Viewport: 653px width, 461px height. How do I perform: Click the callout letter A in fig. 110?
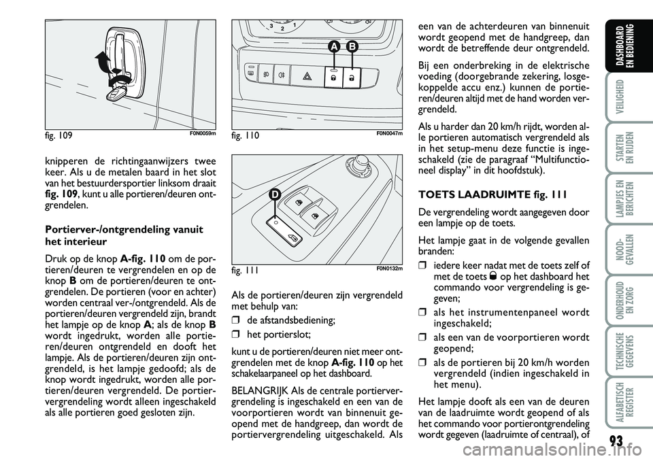point(334,47)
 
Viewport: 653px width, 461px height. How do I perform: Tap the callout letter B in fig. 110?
point(352,47)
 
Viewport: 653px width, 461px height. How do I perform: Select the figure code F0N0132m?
point(390,267)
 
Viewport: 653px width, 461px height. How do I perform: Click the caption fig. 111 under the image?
point(244,269)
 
